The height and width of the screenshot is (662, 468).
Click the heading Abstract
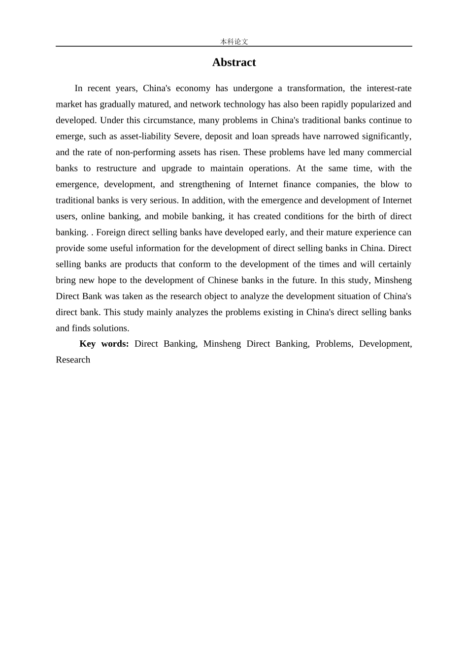[x=234, y=63]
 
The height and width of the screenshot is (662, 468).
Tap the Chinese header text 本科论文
[x=234, y=42]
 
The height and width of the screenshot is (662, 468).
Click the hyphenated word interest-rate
[x=387, y=89]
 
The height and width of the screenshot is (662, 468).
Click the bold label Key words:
[x=104, y=344]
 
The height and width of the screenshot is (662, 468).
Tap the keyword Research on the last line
[x=73, y=360]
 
